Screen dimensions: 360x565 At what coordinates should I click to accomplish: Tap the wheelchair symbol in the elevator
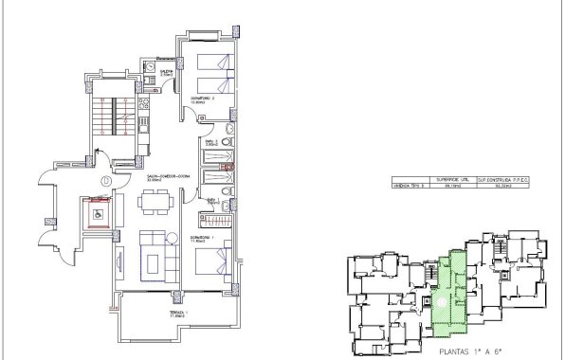click(98, 213)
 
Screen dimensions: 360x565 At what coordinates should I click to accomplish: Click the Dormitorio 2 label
click(209, 99)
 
